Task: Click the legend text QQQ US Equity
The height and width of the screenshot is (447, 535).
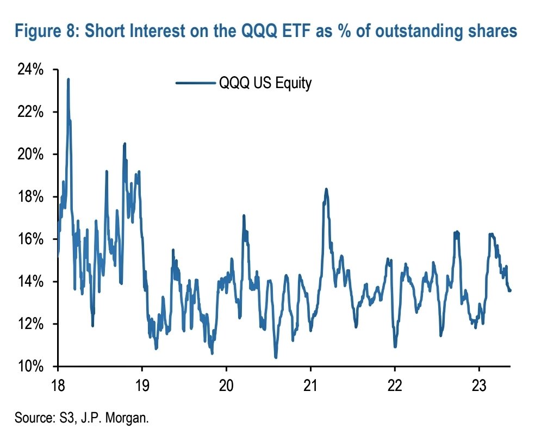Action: (265, 84)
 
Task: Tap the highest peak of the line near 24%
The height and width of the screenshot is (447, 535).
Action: (68, 79)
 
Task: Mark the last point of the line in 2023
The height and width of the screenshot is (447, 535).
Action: (510, 290)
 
